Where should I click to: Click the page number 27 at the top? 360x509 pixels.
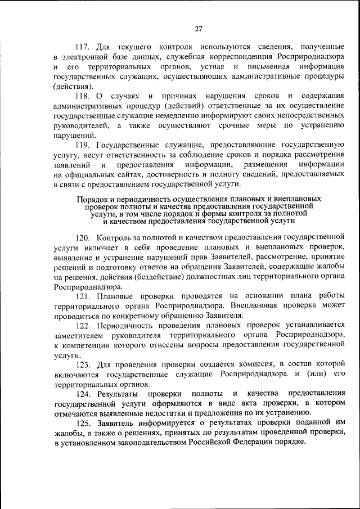[199, 29]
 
